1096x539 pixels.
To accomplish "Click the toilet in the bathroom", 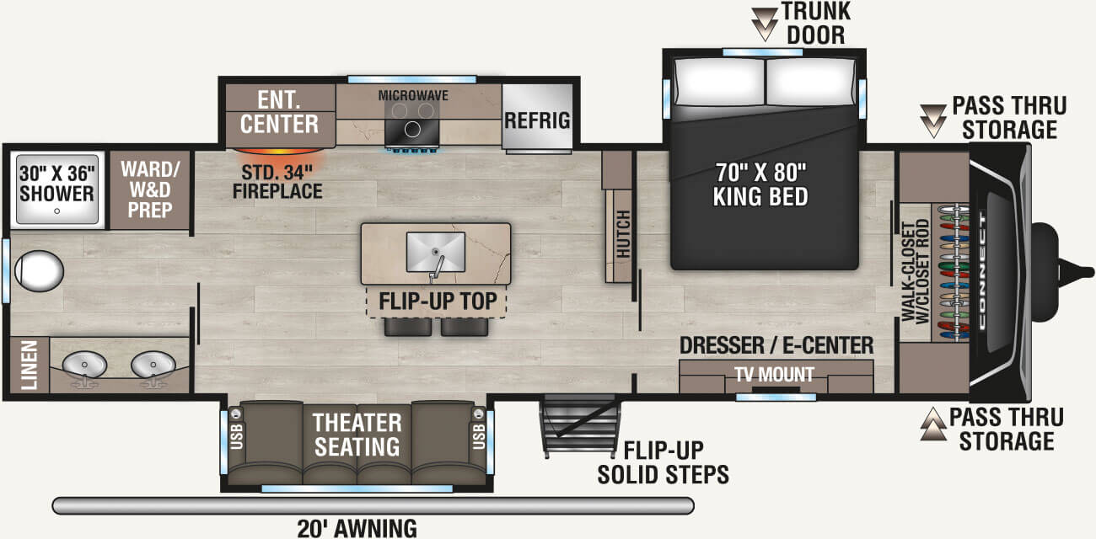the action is (39, 270).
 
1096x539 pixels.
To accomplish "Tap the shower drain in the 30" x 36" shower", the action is (56, 211).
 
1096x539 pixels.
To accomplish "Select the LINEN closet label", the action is (30, 365).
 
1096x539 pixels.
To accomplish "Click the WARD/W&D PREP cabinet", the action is (150, 190).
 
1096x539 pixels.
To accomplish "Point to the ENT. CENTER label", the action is (279, 112).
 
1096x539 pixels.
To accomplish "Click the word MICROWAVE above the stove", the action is (413, 95).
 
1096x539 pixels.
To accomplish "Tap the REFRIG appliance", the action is (537, 117).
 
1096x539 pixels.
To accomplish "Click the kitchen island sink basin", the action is (436, 252).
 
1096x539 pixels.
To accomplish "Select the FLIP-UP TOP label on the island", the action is (438, 301).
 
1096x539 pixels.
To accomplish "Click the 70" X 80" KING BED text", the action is (760, 184).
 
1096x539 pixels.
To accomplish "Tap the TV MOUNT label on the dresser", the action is (775, 375).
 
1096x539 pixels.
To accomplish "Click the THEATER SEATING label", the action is (357, 435).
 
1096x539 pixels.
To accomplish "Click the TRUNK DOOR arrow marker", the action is (765, 24).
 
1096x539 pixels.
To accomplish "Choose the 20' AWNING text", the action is (357, 529).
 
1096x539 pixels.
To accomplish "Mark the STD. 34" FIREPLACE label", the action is (277, 182).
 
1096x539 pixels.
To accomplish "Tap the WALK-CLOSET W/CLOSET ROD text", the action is (915, 271).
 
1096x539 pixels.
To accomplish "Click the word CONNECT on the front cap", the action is (982, 270).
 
